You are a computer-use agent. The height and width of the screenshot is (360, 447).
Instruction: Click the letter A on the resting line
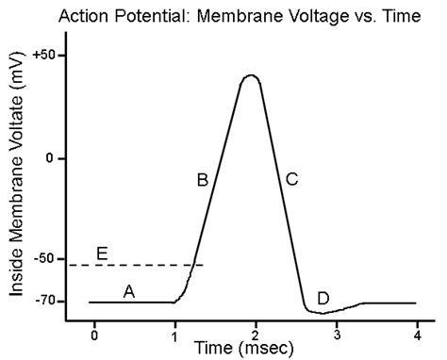coord(130,292)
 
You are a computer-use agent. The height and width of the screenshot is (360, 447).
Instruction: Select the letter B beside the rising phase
coord(202,179)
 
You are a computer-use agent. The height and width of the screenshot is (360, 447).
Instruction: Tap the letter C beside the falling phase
coord(291,179)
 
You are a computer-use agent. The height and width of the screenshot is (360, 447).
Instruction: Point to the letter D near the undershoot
coord(323,298)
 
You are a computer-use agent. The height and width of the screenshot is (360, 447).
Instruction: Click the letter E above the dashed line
coord(102,253)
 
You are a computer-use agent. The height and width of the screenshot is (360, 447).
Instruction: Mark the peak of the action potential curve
coord(250,75)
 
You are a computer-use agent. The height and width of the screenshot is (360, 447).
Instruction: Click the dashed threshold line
coord(141,266)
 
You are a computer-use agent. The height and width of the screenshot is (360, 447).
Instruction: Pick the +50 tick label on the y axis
coord(41,56)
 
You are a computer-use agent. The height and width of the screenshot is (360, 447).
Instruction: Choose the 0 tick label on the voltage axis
coord(47,157)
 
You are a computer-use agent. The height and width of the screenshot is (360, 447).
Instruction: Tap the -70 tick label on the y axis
coord(41,302)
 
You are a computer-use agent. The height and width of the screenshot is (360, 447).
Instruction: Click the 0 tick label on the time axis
coord(93,336)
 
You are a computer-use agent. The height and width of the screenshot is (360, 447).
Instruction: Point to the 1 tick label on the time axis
coord(174,336)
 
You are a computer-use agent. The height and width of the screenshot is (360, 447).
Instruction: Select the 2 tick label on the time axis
coord(256,336)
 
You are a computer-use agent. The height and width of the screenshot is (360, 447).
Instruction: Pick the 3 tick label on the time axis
coord(336,336)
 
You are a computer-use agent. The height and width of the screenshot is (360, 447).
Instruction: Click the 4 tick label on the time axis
coord(416,336)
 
